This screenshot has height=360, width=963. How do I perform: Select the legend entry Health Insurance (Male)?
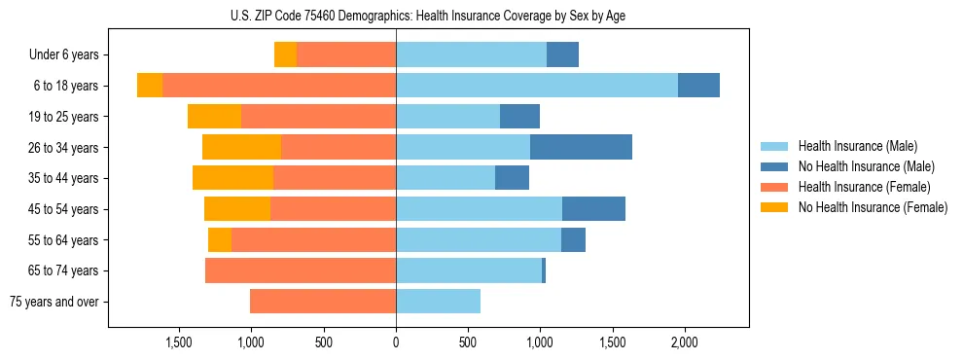point(856,146)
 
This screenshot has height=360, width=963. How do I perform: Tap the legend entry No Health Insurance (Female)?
point(873,207)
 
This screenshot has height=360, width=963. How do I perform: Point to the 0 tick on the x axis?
point(396,343)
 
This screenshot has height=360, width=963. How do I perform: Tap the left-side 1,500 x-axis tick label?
point(179,343)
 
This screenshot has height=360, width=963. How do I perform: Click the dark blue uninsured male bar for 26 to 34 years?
point(581,147)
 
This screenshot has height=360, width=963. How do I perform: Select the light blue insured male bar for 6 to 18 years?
point(537,86)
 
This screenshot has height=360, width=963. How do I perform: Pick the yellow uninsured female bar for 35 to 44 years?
point(232,178)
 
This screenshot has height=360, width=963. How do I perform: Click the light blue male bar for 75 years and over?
point(438,302)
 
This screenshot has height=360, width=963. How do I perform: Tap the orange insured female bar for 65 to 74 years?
point(301,270)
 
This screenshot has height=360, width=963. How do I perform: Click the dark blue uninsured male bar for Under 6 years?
point(562,54)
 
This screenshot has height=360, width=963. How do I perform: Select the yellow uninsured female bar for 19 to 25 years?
point(214,117)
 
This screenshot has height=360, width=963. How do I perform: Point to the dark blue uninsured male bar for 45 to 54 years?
point(593,209)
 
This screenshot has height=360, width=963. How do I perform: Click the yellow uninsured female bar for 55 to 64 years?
point(220,239)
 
